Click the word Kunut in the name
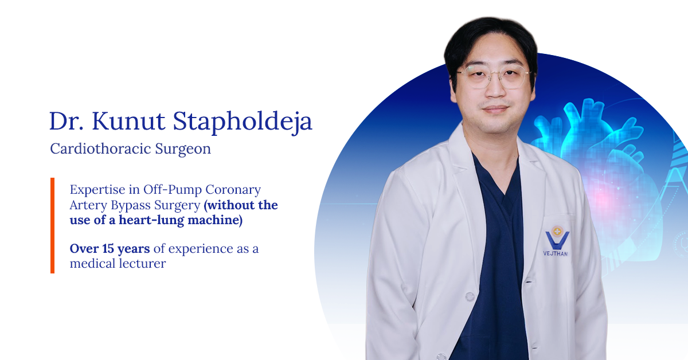pyautogui.click(x=128, y=121)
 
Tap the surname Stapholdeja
pyautogui.click(x=243, y=123)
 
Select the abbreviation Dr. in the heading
pyautogui.click(x=67, y=122)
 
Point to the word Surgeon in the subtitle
pyautogui.click(x=183, y=150)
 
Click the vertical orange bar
pyautogui.click(x=53, y=225)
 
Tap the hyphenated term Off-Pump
pyautogui.click(x=173, y=190)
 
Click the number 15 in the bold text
pyautogui.click(x=108, y=248)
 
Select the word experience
pyautogui.click(x=201, y=249)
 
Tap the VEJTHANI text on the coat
pyautogui.click(x=556, y=254)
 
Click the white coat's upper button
pyautogui.click(x=470, y=296)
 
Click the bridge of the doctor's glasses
pyautogui.click(x=496, y=74)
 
